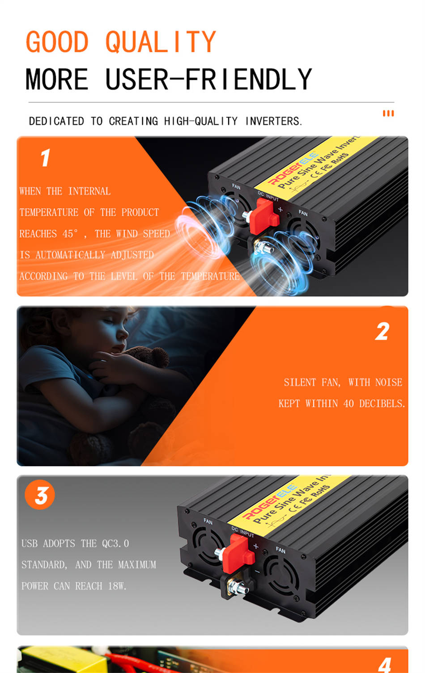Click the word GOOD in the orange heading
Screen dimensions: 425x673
[57, 42]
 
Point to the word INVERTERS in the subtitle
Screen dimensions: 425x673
[273, 121]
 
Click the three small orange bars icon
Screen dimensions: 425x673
[388, 113]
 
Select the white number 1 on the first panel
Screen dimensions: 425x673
[46, 157]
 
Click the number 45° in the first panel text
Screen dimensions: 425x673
[70, 233]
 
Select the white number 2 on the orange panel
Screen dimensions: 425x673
[382, 332]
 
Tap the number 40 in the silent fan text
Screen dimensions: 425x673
[348, 404]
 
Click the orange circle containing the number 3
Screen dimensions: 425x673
[40, 495]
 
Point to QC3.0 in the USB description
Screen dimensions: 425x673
[115, 543]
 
